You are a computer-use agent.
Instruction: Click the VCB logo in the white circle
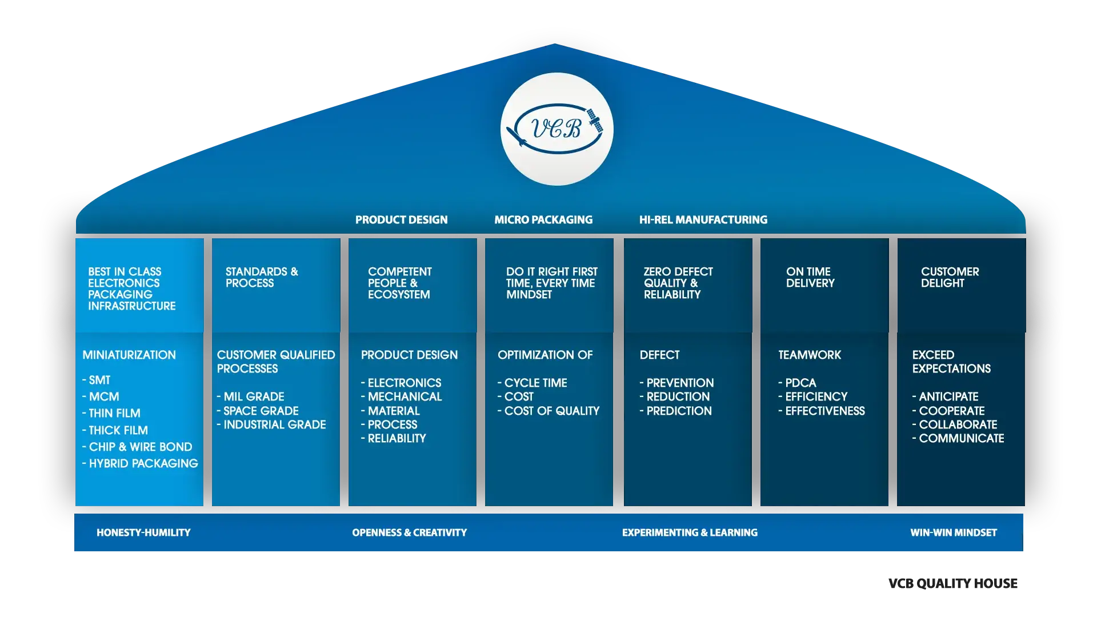click(x=557, y=129)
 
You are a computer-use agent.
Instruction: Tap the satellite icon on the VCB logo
click(x=595, y=121)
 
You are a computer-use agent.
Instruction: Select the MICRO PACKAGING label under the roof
click(x=543, y=220)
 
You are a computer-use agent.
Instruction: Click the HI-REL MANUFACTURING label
click(x=703, y=220)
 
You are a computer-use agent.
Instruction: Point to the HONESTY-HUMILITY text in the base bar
click(x=143, y=532)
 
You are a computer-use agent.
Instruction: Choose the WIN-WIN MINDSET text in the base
click(x=953, y=532)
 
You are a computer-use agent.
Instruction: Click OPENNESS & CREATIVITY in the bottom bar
click(x=409, y=532)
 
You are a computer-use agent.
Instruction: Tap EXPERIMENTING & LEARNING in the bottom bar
click(x=690, y=532)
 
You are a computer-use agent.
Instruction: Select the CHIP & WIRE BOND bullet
click(x=140, y=447)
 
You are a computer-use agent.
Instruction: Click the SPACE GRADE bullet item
click(x=261, y=411)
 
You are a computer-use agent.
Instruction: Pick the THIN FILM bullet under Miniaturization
click(x=114, y=413)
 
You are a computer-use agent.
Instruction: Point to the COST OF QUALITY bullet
click(x=551, y=411)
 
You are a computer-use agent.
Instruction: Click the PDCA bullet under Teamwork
click(x=800, y=383)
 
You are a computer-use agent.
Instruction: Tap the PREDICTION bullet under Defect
click(x=679, y=411)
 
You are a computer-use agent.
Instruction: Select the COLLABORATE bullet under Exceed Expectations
click(x=958, y=424)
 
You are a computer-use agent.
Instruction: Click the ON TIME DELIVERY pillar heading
click(x=810, y=277)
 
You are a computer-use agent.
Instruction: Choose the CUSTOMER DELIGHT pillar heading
click(x=950, y=277)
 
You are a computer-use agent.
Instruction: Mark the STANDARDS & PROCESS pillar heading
click(x=262, y=277)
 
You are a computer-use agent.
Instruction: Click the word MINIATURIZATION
click(x=129, y=355)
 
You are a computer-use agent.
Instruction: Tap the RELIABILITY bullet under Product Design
click(x=397, y=438)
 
